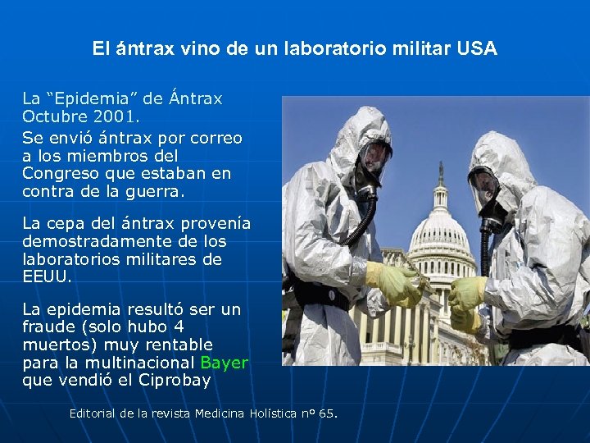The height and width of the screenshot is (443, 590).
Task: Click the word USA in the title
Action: click(x=478, y=48)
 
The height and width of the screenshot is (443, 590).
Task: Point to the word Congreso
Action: click(x=57, y=173)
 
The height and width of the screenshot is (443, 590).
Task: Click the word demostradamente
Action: click(x=89, y=242)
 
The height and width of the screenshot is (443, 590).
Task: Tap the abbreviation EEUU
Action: click(x=46, y=277)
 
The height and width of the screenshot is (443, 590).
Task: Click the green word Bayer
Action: click(x=224, y=363)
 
